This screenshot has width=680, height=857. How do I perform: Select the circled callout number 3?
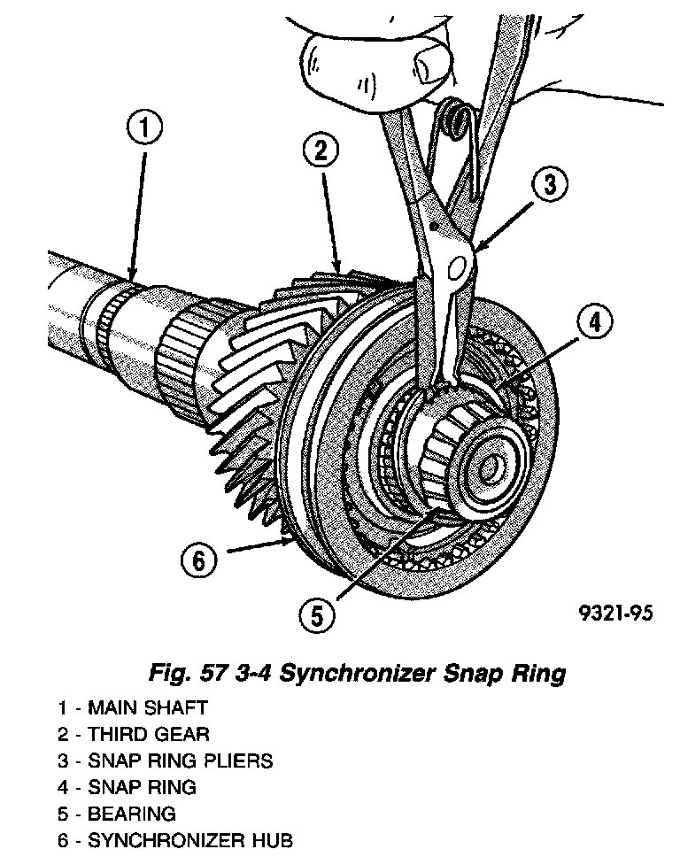(549, 185)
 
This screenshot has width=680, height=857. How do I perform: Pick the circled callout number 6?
(198, 559)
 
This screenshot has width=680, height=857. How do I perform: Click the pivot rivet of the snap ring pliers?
(458, 265)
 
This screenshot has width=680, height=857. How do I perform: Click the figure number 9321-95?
(616, 614)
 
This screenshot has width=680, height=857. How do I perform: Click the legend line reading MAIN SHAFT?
(133, 707)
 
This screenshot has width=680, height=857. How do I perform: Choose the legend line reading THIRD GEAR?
(134, 734)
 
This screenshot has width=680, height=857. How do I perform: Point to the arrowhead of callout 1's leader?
(133, 276)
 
